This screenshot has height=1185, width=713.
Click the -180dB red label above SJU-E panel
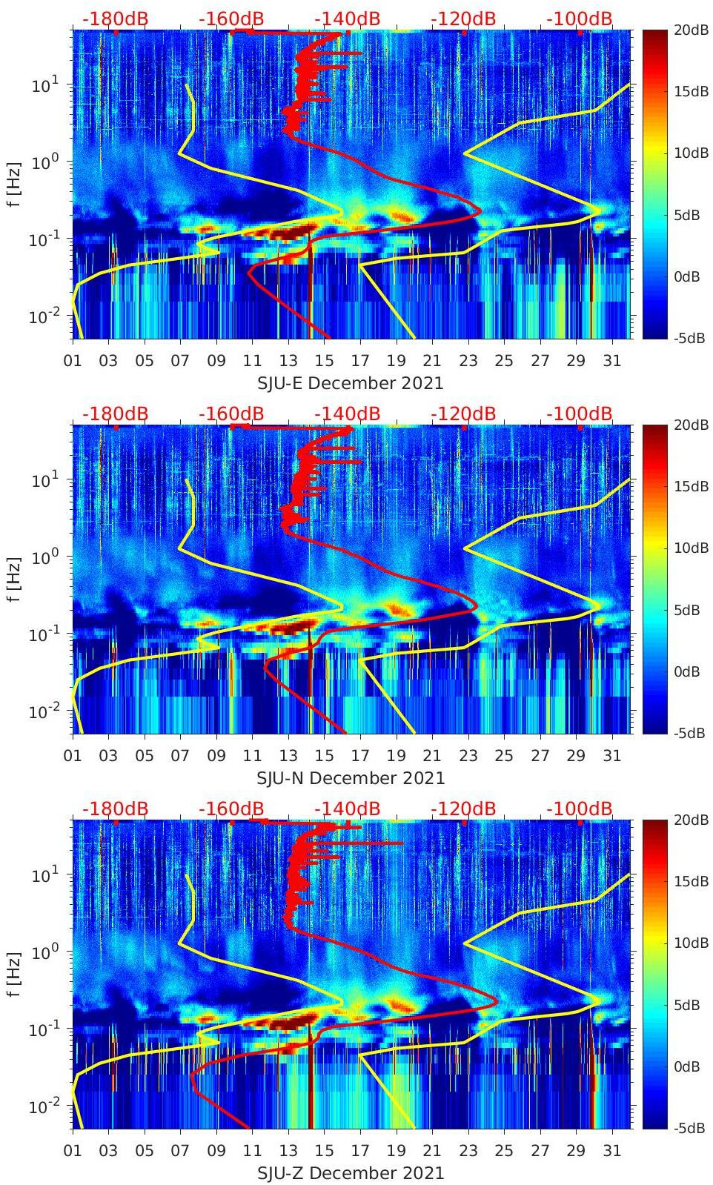coord(115,19)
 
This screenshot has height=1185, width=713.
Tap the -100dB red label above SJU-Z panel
coord(580,809)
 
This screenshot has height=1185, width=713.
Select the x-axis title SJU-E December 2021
coord(350,383)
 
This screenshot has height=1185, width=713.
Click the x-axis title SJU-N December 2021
coord(351,778)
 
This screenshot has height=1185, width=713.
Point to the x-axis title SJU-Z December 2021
coord(351,1173)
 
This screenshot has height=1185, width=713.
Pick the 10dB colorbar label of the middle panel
coord(688,548)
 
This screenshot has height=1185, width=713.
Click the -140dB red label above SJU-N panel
coord(347,414)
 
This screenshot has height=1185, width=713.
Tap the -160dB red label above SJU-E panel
coord(231,19)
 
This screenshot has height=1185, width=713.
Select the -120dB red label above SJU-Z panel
coord(463,809)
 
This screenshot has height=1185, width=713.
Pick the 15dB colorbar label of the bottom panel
coord(688,881)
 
